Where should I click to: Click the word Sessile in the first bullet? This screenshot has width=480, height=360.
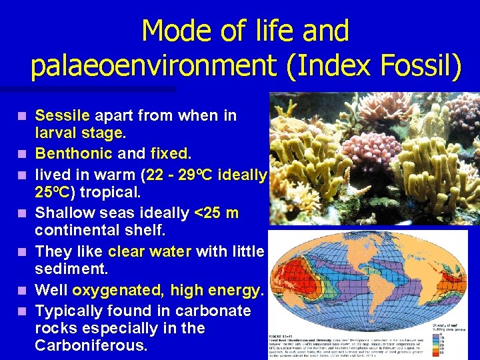tap(62, 116)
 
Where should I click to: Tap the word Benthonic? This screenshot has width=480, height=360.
tap(73, 154)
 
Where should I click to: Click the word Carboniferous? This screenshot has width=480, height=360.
tap(91, 345)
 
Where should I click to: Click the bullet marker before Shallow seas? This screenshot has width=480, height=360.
tap(23, 214)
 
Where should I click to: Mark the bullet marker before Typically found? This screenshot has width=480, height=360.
tap(23, 311)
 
